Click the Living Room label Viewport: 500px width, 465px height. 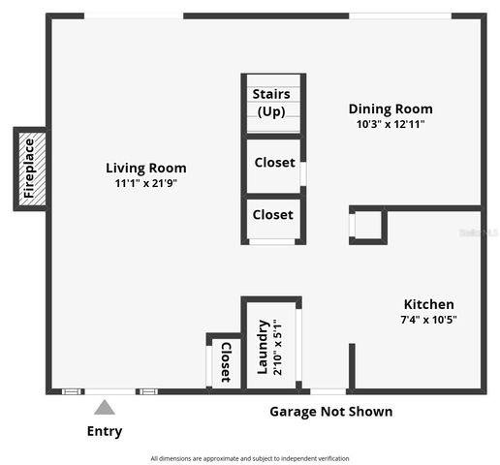tap(145, 168)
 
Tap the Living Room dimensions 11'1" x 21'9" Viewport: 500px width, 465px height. tap(145, 182)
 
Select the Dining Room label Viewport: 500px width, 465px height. tap(390, 108)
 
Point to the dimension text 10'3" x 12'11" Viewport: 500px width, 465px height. tap(390, 124)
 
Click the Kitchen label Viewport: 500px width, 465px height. tap(428, 304)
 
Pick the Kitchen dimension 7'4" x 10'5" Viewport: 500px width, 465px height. tap(428, 319)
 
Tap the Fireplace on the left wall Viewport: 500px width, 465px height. tap(29, 169)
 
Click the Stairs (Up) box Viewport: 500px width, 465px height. tap(274, 103)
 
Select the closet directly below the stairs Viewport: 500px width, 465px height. tap(274, 163)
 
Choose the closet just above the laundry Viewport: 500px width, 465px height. tap(272, 215)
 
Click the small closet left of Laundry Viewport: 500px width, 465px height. tap(224, 361)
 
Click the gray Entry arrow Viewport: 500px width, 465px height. tap(104, 407)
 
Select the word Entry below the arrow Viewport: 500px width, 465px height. tap(105, 431)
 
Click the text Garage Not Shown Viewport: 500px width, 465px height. tap(330, 412)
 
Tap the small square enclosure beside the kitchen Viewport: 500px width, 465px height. tap(367, 225)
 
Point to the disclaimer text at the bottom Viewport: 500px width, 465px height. tap(249, 458)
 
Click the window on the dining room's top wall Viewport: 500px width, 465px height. tap(399, 15)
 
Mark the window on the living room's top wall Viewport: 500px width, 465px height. tap(134, 15)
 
